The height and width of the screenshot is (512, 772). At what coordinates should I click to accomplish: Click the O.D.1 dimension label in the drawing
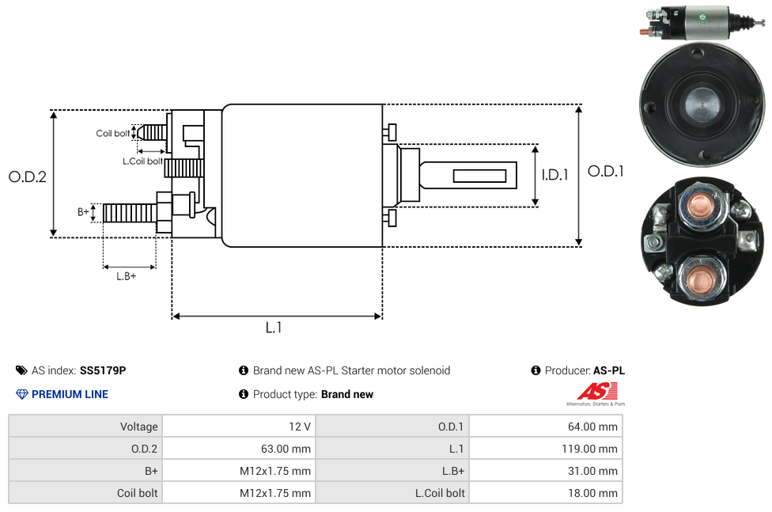[x=605, y=171]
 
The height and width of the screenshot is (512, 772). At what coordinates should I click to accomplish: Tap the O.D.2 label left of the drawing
[x=28, y=176]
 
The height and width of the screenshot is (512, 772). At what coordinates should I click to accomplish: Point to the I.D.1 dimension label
[x=554, y=175]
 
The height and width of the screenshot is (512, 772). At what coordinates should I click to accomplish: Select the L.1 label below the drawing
[x=274, y=328]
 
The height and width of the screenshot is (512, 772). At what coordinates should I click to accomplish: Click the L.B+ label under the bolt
[x=127, y=276]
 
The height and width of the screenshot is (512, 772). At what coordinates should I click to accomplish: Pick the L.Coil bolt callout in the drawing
[x=142, y=161]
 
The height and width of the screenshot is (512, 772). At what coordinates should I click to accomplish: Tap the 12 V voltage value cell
[x=300, y=427]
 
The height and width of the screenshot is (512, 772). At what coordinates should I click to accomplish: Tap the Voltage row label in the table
[x=138, y=427]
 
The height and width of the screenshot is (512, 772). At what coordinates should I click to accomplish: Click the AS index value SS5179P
[x=103, y=370]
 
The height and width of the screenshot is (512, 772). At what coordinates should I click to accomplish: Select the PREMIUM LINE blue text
[x=70, y=394]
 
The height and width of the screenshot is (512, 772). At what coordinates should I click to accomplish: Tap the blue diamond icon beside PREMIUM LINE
[x=21, y=394]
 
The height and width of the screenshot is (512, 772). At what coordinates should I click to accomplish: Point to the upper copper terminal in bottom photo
[x=700, y=206]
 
